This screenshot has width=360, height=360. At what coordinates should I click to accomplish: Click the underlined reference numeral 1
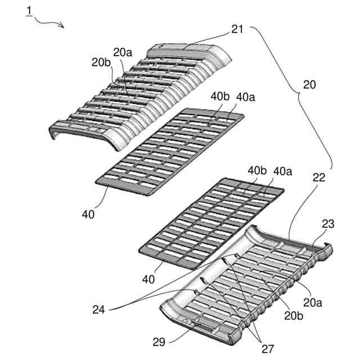29,11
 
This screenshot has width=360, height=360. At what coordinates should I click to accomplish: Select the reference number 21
237,29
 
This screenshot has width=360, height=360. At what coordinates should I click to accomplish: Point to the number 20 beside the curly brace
309,85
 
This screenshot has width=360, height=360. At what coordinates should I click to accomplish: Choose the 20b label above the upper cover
101,62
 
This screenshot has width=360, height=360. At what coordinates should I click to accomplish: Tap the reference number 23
328,223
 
